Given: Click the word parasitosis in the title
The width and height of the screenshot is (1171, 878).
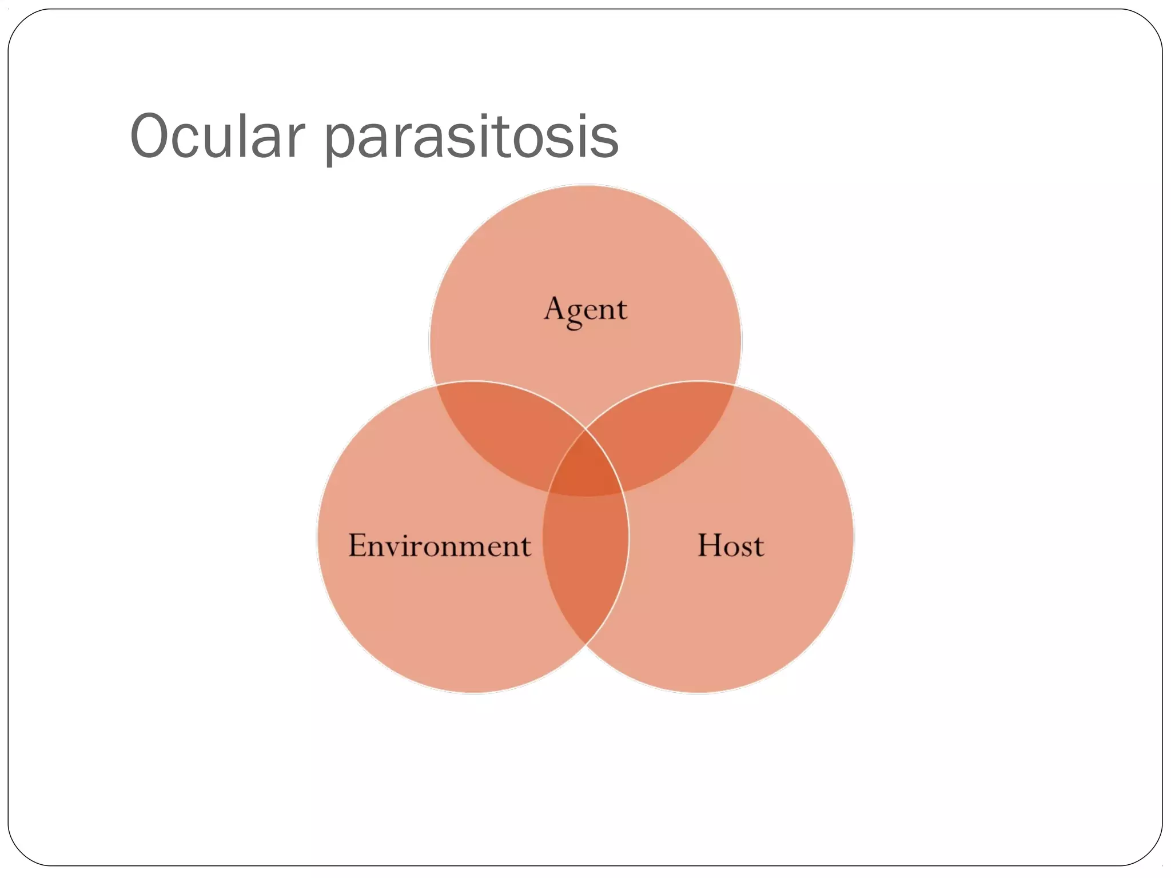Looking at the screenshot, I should pos(471,140).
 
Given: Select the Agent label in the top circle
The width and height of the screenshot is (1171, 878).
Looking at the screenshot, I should pos(585,310).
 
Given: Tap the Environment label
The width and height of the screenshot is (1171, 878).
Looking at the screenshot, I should pos(439,545).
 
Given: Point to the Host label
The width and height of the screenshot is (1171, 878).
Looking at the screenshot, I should pos(730,545).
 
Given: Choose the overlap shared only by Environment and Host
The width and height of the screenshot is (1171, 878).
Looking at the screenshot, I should pos(585,560).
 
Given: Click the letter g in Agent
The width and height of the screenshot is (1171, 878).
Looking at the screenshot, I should pos(574,314).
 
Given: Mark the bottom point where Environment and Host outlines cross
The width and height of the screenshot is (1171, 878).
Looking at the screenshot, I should pos(585,644).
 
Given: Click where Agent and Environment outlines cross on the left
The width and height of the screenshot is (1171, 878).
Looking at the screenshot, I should pos(436,386).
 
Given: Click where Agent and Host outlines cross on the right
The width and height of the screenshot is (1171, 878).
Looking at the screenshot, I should pos(735,386).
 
